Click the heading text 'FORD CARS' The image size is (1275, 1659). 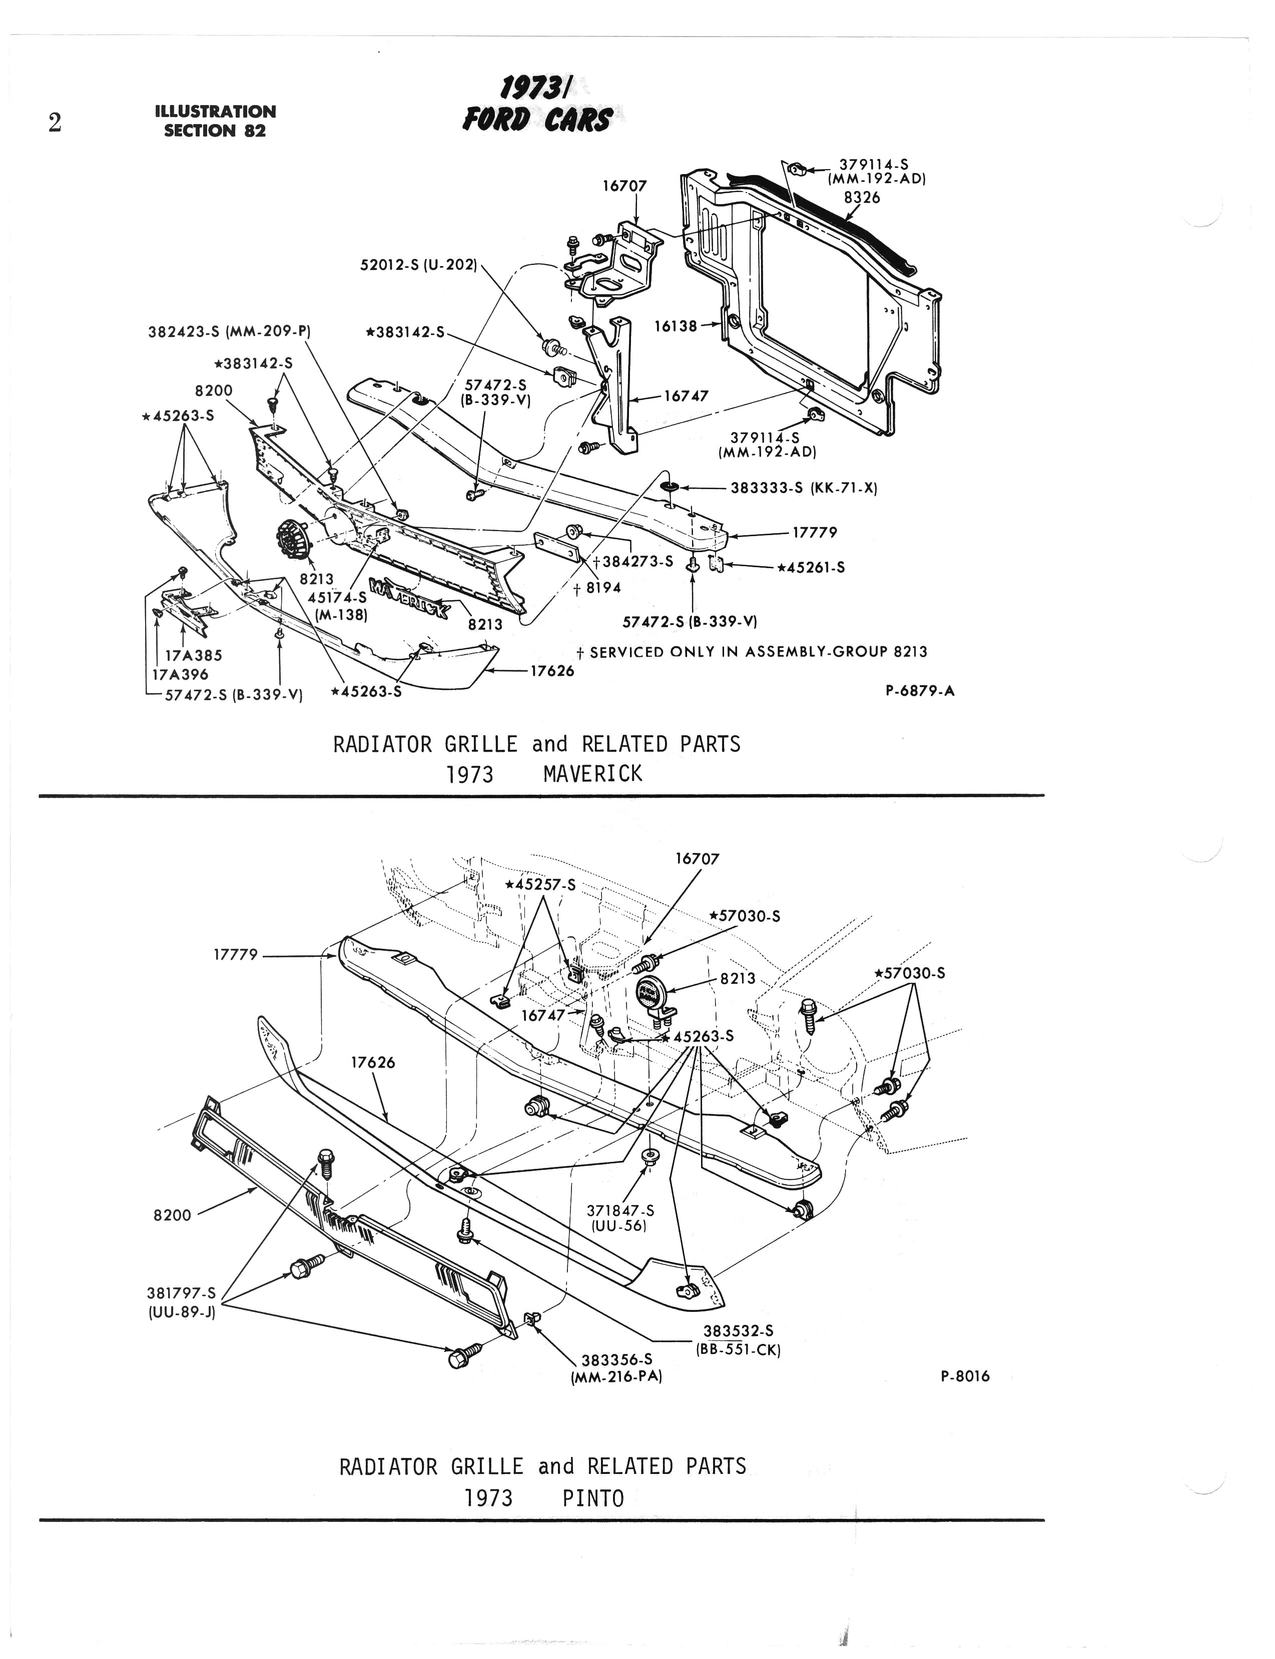pyautogui.click(x=537, y=120)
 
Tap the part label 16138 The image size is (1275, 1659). pyautogui.click(x=676, y=326)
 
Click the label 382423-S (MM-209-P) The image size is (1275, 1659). pyautogui.click(x=230, y=332)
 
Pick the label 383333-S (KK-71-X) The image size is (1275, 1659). pyautogui.click(x=804, y=489)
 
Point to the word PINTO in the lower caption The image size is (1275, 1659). pyautogui.click(x=593, y=1498)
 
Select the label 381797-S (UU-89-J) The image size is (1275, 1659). pyautogui.click(x=181, y=1302)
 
